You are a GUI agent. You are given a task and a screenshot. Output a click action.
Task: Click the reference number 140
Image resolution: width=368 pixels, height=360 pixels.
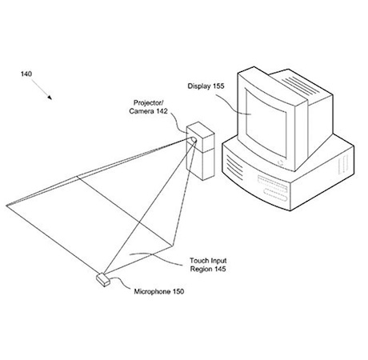26,74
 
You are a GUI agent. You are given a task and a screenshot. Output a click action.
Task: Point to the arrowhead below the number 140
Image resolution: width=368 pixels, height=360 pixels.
50,98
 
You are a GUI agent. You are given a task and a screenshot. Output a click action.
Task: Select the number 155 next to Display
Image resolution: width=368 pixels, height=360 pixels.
218,86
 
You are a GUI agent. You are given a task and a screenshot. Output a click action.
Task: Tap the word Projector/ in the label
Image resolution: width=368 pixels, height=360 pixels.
149,102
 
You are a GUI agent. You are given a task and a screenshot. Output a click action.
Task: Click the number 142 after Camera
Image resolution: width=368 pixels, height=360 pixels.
162,111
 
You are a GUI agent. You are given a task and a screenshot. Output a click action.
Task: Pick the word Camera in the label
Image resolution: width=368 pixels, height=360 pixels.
142,111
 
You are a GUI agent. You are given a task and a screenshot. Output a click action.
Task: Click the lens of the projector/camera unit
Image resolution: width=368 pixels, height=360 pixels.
193,141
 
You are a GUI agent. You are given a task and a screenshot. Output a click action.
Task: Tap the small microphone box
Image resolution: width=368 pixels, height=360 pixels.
103,280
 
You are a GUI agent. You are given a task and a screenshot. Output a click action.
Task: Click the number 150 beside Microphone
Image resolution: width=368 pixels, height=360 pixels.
178,291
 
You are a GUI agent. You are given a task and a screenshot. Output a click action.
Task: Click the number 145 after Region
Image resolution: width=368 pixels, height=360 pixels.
220,269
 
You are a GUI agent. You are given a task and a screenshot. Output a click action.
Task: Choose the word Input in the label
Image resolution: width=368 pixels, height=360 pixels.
218,261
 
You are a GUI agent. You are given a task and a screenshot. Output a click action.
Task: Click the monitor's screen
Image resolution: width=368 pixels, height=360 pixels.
266,123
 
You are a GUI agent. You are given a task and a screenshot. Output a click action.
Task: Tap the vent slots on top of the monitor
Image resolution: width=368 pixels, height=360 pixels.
300,86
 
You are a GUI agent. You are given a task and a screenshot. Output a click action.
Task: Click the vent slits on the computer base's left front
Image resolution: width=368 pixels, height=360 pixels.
234,167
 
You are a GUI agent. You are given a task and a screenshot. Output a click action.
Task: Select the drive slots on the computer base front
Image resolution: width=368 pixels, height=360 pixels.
273,188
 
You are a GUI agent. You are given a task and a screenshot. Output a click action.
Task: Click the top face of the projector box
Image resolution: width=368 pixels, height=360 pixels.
201,130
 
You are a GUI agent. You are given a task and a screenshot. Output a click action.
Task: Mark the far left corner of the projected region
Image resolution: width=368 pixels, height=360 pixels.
6,206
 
